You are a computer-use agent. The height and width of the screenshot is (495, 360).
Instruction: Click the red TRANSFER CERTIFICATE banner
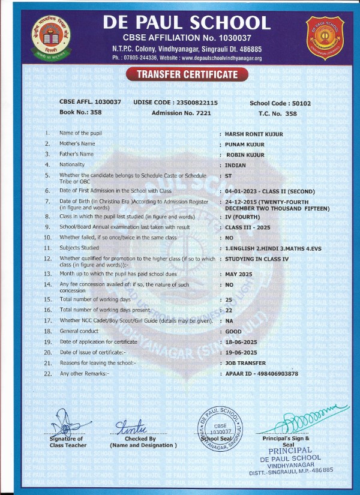click(x=179, y=74)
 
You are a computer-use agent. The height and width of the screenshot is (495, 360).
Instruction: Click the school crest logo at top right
click(x=326, y=34)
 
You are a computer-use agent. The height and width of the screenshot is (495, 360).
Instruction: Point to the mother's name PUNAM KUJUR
click(x=245, y=144)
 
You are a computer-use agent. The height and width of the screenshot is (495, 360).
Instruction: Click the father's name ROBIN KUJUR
click(x=247, y=154)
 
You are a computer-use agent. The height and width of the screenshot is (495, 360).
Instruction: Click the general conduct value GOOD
click(x=233, y=332)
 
